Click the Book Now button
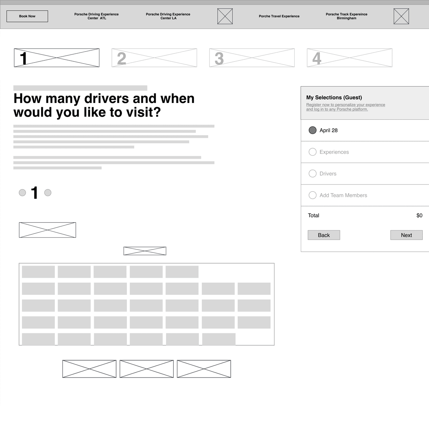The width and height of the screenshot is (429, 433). (27, 16)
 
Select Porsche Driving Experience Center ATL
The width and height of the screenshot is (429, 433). (96, 16)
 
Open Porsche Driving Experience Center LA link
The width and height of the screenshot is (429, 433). (168, 16)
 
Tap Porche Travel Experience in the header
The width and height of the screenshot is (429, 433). (279, 16)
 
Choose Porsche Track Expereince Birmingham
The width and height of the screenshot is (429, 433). (346, 16)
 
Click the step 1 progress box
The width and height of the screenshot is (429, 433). (57, 58)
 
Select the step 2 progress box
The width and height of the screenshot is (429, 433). (154, 58)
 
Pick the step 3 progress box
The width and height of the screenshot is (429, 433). (252, 58)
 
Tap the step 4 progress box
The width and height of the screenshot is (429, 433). (349, 58)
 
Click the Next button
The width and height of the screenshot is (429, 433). (406, 235)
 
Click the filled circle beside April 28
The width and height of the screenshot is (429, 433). (312, 130)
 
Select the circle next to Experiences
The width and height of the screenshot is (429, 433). (312, 152)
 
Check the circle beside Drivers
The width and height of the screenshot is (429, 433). (312, 173)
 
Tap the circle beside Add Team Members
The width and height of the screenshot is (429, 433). (312, 195)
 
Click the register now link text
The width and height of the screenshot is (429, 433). (346, 107)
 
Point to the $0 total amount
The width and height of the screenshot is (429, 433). (419, 216)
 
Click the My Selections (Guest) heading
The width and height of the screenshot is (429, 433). (334, 98)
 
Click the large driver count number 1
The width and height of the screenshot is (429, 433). (34, 193)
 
